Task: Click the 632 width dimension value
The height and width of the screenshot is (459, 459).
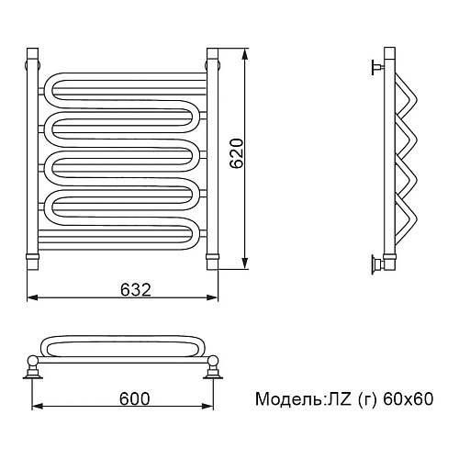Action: [x=136, y=289]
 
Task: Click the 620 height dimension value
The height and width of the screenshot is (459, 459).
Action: [x=237, y=153]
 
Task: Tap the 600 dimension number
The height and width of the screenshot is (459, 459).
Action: [x=135, y=398]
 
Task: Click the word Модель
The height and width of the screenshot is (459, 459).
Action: [x=287, y=399]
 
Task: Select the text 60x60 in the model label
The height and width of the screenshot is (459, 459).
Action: [x=409, y=398]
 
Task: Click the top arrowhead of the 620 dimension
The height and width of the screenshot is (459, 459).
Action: [x=244, y=55]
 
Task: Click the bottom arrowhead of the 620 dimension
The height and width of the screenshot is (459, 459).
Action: [x=244, y=263]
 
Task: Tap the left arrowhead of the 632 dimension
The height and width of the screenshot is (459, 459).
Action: [x=33, y=297]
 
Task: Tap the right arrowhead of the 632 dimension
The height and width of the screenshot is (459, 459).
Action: [x=212, y=297]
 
